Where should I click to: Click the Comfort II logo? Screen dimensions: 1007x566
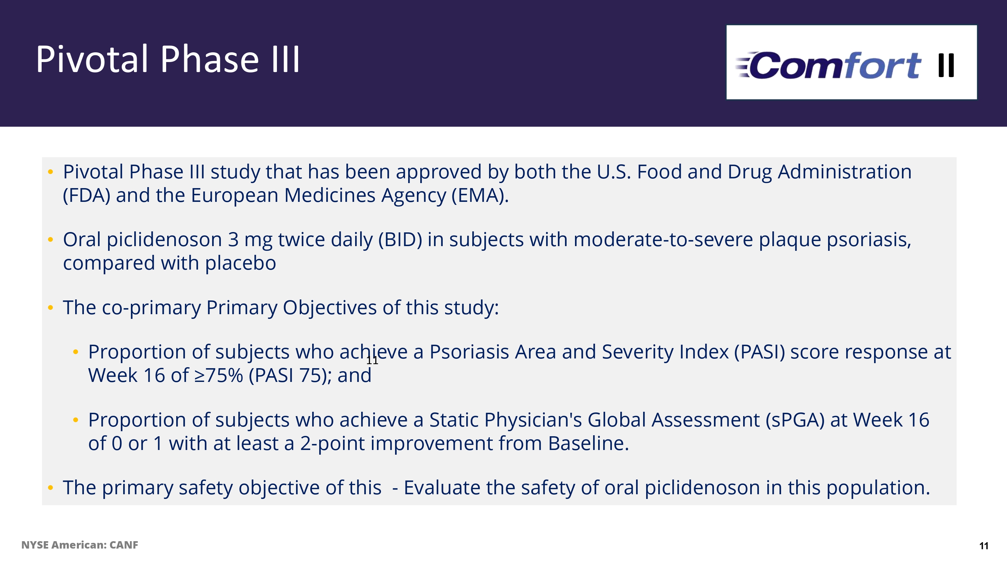point(851,62)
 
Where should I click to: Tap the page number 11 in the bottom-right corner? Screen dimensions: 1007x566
point(984,546)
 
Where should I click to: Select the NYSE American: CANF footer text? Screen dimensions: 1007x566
point(80,545)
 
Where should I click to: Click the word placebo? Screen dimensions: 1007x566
point(240,263)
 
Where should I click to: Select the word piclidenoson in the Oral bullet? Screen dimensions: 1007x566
point(164,239)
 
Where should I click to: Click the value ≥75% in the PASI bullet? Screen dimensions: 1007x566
point(219,376)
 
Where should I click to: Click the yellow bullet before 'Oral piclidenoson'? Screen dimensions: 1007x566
point(50,239)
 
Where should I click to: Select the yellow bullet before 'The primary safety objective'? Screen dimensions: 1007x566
point(50,488)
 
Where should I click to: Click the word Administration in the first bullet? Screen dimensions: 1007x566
point(845,172)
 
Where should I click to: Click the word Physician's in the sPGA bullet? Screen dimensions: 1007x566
point(533,420)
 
